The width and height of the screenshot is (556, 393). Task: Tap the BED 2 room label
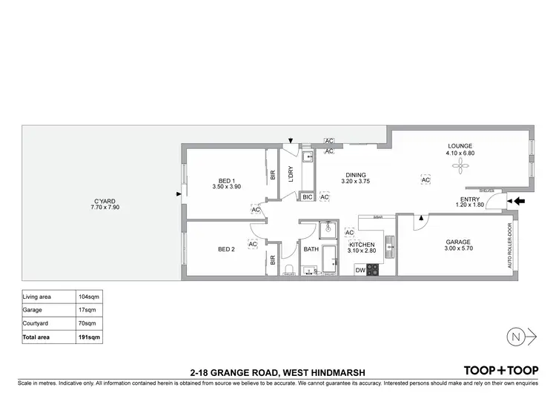click(227, 249)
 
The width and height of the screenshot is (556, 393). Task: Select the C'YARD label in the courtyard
click(105, 201)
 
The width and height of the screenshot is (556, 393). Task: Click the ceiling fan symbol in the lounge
click(460, 165)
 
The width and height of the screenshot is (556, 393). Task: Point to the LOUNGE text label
click(460, 146)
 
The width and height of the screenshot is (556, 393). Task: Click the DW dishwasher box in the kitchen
click(360, 270)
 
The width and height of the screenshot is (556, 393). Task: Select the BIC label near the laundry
click(307, 197)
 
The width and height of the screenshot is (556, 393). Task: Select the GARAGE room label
click(458, 242)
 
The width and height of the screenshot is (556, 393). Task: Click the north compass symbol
click(517, 336)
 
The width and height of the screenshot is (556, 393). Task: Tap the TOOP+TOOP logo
click(501, 370)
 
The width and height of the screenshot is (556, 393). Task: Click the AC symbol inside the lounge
click(426, 179)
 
